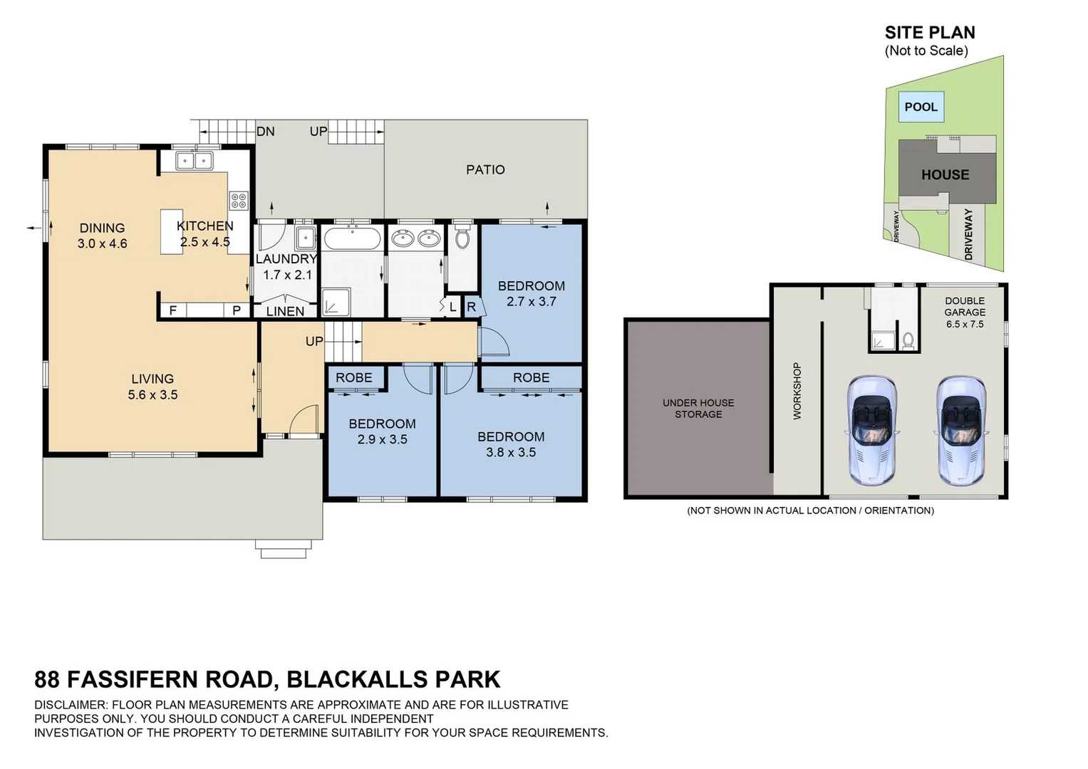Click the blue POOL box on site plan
pyautogui.click(x=921, y=107)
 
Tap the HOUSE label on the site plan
pyautogui.click(x=945, y=174)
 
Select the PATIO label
pyautogui.click(x=485, y=169)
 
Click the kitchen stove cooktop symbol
pyautogui.click(x=239, y=200)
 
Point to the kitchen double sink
pyautogui.click(x=194, y=161)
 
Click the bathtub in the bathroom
pyautogui.click(x=352, y=238)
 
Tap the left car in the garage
pyautogui.click(x=871, y=430)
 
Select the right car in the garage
pyautogui.click(x=960, y=430)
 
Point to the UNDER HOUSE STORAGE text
pyautogui.click(x=698, y=408)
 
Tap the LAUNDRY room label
pyautogui.click(x=286, y=259)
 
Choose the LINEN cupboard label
pyautogui.click(x=285, y=311)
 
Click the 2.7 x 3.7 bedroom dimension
pyautogui.click(x=531, y=301)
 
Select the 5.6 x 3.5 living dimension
pyautogui.click(x=152, y=394)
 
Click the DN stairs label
pyautogui.click(x=265, y=132)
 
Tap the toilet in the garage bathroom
pyautogui.click(x=908, y=340)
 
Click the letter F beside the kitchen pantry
pyautogui.click(x=172, y=310)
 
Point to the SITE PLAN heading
pyautogui.click(x=929, y=33)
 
